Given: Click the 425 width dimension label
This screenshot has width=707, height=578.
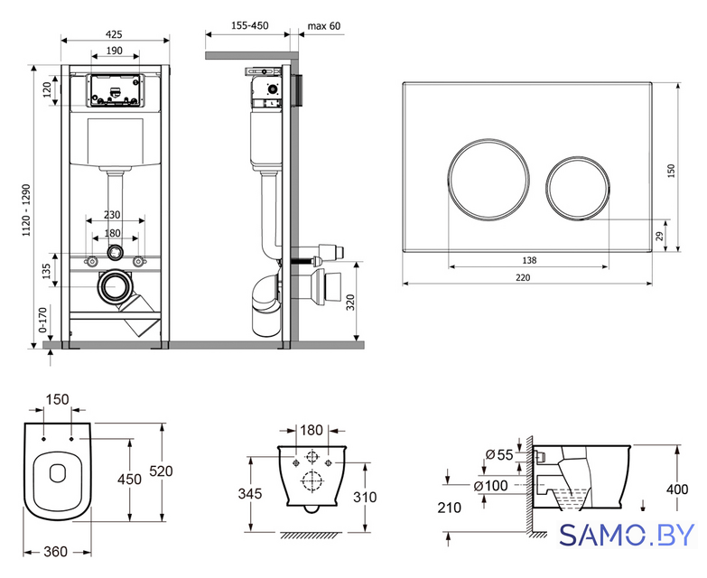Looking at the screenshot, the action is (x=114, y=34).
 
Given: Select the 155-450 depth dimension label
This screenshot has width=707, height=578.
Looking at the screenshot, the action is (x=250, y=25).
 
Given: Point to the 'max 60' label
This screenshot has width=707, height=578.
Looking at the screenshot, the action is (x=324, y=25).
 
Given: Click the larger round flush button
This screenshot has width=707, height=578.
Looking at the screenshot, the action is (x=488, y=180).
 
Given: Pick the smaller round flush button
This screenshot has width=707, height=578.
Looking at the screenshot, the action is (x=578, y=188).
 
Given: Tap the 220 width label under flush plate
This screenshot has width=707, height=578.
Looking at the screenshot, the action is (x=523, y=278).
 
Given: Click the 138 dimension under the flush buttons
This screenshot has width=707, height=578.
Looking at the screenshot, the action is (x=529, y=260).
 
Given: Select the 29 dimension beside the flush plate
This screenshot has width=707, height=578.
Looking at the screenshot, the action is (x=659, y=236).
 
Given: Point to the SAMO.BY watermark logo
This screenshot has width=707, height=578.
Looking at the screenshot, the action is (x=627, y=536).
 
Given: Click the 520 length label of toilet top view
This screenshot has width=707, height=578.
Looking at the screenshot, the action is (x=161, y=471).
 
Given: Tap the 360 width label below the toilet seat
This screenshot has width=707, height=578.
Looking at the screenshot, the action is (x=55, y=552).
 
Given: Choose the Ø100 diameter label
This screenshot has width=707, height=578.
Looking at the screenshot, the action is (x=490, y=486).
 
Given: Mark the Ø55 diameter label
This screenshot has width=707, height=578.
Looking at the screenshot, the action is (x=499, y=454).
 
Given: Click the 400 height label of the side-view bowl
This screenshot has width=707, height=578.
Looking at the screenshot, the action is (x=677, y=489).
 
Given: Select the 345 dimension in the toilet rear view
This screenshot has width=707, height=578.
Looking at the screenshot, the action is (x=250, y=494).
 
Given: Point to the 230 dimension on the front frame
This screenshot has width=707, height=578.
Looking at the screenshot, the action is (x=112, y=215).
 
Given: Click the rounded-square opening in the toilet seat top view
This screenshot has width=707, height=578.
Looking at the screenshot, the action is (x=57, y=472).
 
